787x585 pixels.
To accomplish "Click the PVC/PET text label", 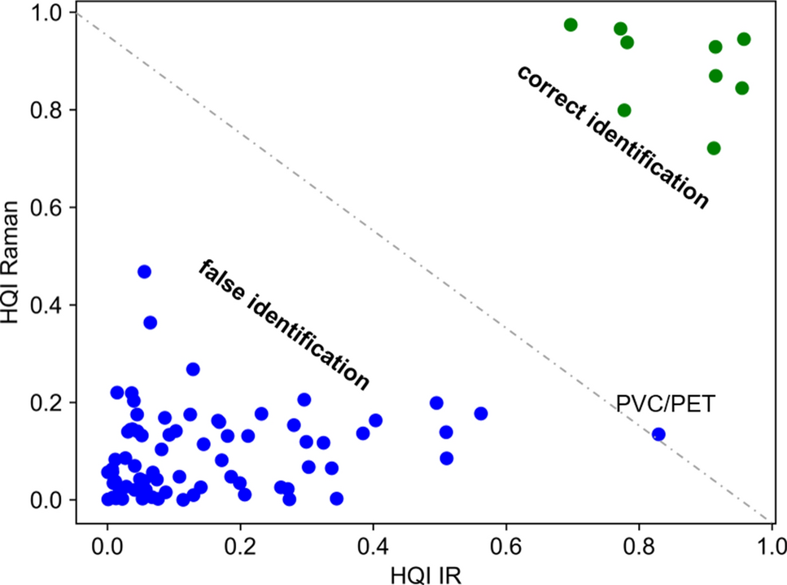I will (x=665, y=403).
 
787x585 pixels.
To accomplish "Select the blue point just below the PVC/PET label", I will (x=658, y=434).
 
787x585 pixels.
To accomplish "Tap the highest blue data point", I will (x=144, y=271).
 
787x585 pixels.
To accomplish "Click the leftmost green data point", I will (x=571, y=24).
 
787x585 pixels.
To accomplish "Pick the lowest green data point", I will (x=714, y=148).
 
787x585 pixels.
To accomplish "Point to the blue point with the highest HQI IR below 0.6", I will (x=480, y=414).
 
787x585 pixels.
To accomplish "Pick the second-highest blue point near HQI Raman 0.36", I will (x=150, y=323).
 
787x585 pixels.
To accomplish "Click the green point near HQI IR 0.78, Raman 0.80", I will (x=624, y=111).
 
